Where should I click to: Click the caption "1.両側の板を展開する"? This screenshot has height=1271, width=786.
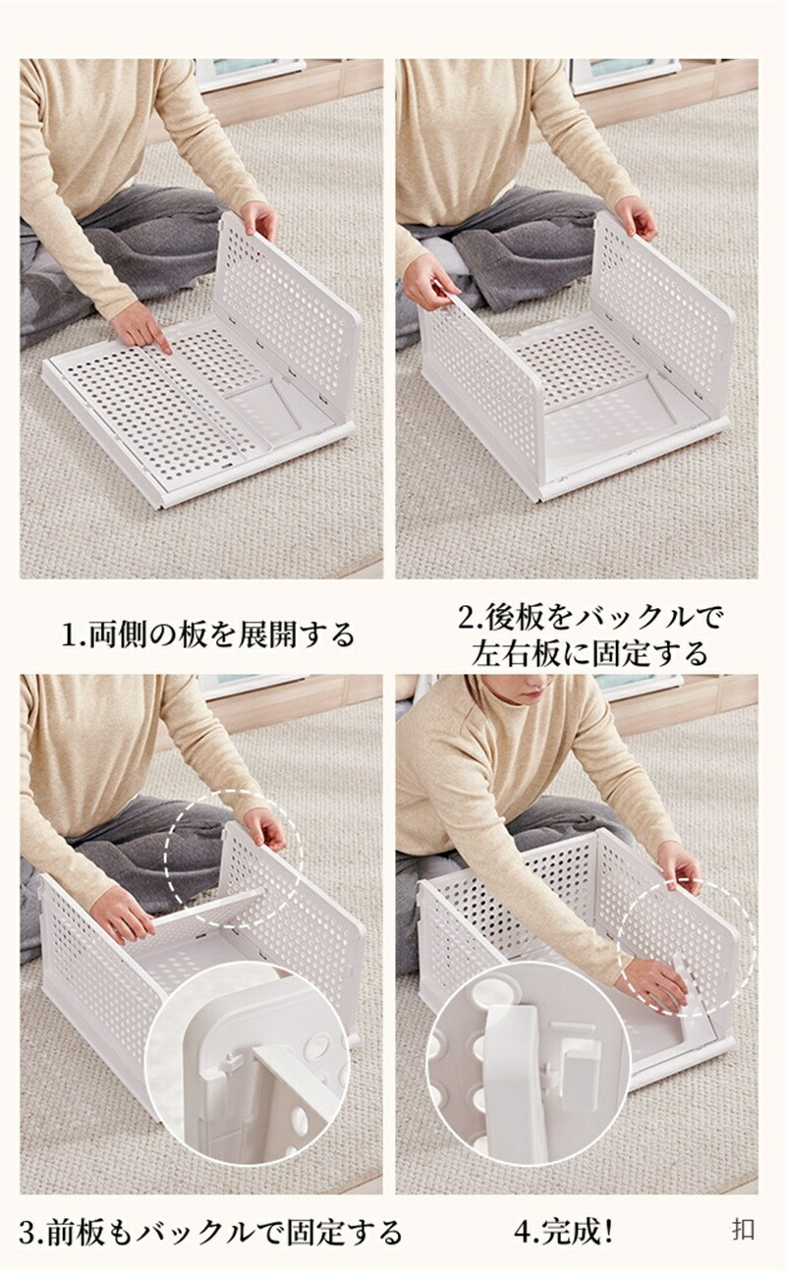(207, 635)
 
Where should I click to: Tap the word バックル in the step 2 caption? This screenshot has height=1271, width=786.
(648, 618)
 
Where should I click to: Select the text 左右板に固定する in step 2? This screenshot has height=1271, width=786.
(589, 653)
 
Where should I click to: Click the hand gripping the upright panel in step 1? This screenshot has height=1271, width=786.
(258, 220)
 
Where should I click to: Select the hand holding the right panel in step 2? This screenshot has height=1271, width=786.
(637, 218)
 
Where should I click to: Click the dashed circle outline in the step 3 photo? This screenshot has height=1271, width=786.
(233, 791)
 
